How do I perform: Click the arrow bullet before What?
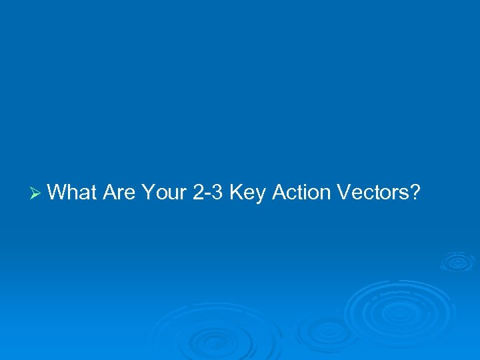click(x=37, y=193)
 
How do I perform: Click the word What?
click(x=73, y=193)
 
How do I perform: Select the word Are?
click(x=119, y=193)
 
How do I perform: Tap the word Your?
click(x=164, y=193)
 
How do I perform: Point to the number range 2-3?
click(x=209, y=193)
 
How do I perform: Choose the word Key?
click(x=246, y=193)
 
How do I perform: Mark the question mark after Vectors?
click(x=415, y=193)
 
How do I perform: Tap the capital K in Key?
click(x=236, y=193)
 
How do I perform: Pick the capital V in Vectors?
click(x=344, y=193)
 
